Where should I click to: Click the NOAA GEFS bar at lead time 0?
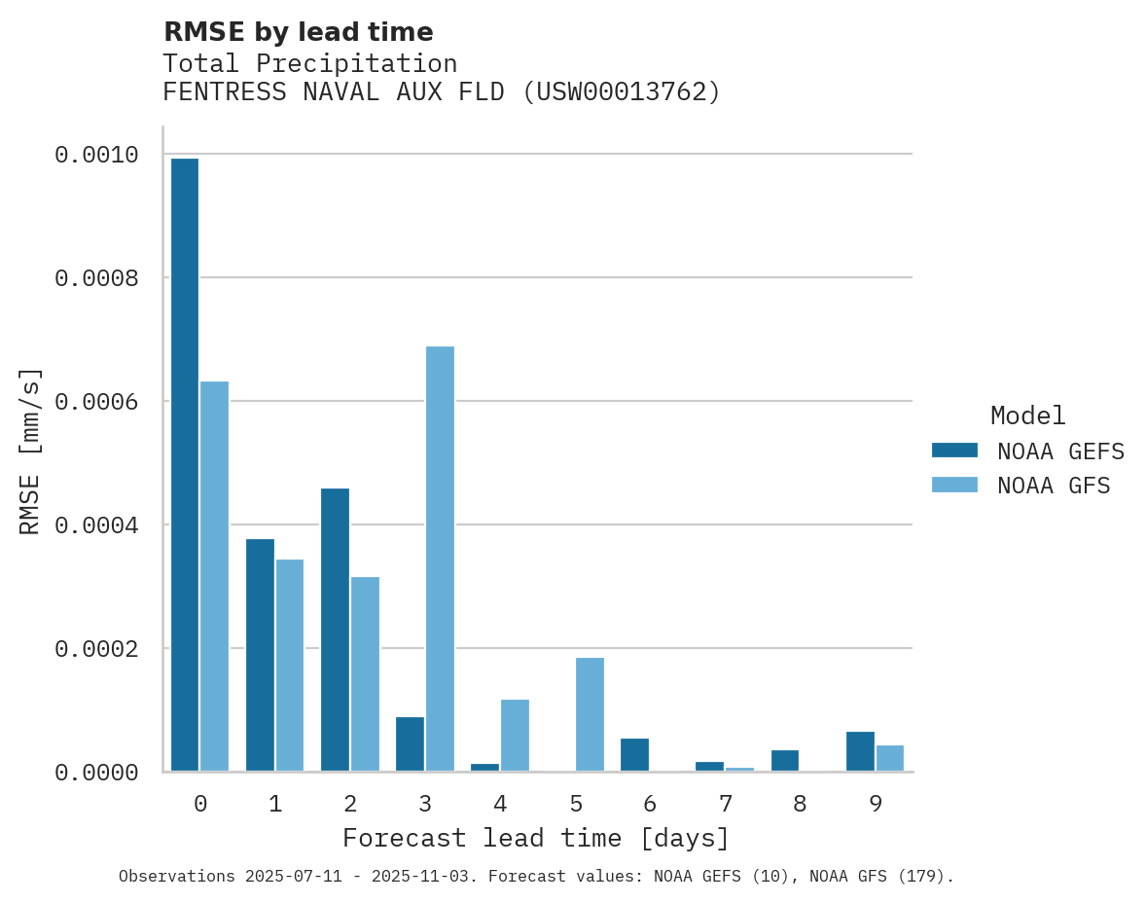(x=185, y=465)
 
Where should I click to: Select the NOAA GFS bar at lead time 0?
(x=215, y=576)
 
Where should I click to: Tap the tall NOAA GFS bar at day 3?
(x=440, y=559)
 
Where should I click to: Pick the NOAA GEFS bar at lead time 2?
(x=335, y=630)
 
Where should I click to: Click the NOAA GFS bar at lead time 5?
(x=590, y=714)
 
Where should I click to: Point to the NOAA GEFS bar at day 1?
(x=260, y=655)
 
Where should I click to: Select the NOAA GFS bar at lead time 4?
(x=515, y=735)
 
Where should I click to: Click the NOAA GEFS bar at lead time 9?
(x=860, y=751)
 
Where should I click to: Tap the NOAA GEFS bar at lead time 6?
(x=634, y=755)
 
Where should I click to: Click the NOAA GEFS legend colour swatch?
(x=954, y=451)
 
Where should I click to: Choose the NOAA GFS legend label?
(x=1054, y=485)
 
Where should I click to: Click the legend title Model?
(x=1027, y=415)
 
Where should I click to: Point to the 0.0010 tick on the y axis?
(x=96, y=155)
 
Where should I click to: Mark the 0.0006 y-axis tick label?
(x=96, y=401)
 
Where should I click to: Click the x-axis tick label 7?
(x=725, y=804)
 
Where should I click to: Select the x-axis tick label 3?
(x=425, y=804)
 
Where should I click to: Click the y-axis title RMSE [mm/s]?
(x=30, y=451)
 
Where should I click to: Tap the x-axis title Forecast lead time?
(x=535, y=838)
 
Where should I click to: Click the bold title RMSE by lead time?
(x=298, y=32)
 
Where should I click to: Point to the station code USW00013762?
(x=621, y=92)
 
